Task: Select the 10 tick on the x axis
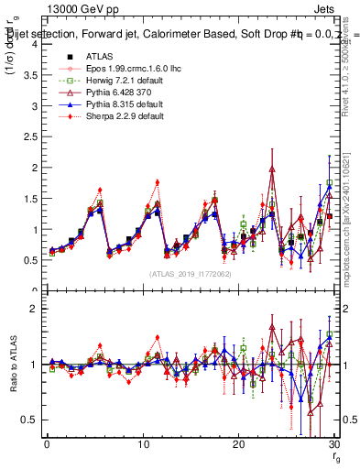[x=143, y=446]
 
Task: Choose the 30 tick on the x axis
[x=334, y=446]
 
